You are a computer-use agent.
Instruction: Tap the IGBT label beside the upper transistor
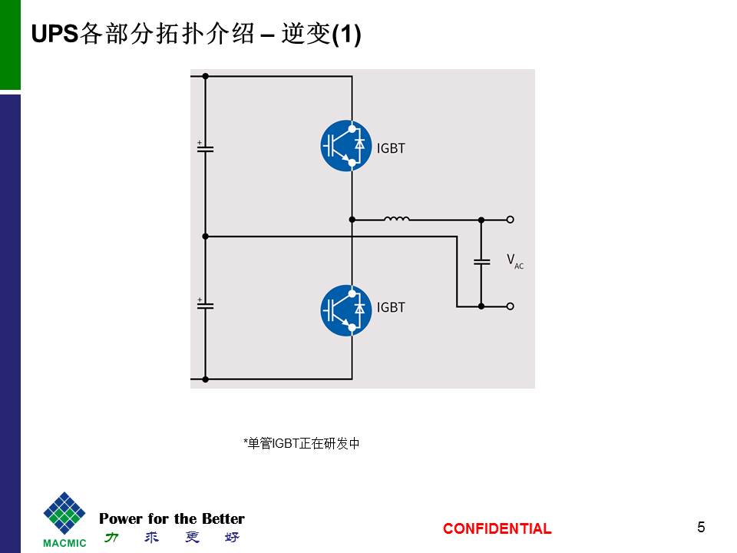(391, 148)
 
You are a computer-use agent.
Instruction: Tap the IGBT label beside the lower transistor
(391, 307)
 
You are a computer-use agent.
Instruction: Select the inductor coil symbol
(397, 219)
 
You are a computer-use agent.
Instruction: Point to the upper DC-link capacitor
(205, 148)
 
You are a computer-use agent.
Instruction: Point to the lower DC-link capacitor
(205, 305)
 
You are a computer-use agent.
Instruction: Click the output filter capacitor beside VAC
(481, 261)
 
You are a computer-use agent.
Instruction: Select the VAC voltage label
(514, 261)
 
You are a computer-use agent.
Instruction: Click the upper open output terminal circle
(511, 219)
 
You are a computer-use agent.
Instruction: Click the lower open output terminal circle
(511, 306)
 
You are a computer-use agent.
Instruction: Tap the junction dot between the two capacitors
(205, 237)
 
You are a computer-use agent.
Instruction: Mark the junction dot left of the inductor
(352, 219)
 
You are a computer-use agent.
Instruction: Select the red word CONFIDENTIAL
(497, 528)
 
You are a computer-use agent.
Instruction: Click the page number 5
(701, 527)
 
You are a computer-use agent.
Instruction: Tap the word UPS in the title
(55, 35)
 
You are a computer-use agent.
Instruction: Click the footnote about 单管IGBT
(301, 443)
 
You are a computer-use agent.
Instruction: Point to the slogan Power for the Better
(172, 518)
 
